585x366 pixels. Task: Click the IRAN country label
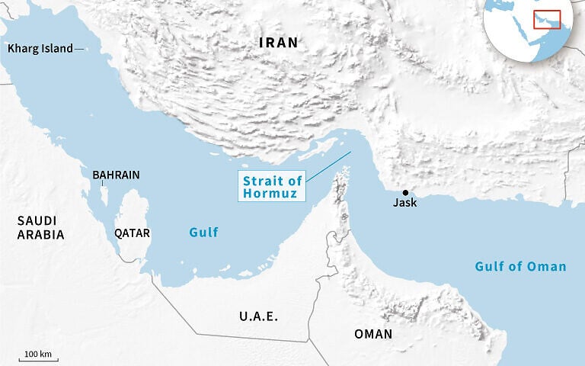[278, 43]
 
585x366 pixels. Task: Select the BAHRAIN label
[116, 175]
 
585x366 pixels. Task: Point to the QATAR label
[132, 233]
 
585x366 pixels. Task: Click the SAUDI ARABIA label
[40, 227]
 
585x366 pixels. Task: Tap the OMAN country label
[373, 334]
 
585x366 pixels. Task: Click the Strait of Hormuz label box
[272, 187]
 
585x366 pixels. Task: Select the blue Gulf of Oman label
[520, 266]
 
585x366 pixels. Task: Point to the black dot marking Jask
[405, 192]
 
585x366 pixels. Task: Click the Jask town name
[404, 204]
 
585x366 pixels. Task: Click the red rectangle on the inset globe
[547, 19]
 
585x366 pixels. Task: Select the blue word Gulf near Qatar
[204, 233]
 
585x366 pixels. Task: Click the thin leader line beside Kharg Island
[80, 49]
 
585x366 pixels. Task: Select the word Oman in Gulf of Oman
[549, 266]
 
